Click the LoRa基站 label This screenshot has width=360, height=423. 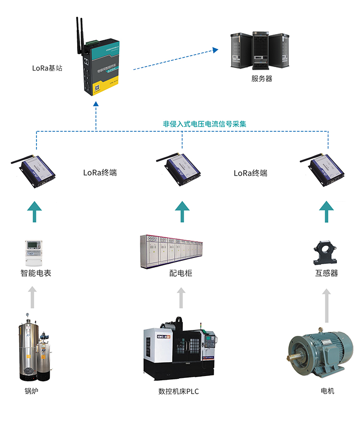tap(47, 68)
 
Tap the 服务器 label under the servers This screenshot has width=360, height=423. tap(262, 79)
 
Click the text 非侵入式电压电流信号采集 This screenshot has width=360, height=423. tap(205, 124)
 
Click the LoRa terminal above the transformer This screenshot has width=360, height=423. tap(325, 167)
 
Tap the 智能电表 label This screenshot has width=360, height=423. tap(36, 273)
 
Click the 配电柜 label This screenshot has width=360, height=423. tap(181, 273)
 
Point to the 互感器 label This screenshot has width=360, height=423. tap(326, 273)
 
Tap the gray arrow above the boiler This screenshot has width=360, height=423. tap(32, 297)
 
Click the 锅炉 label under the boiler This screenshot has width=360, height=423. tap(32, 391)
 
